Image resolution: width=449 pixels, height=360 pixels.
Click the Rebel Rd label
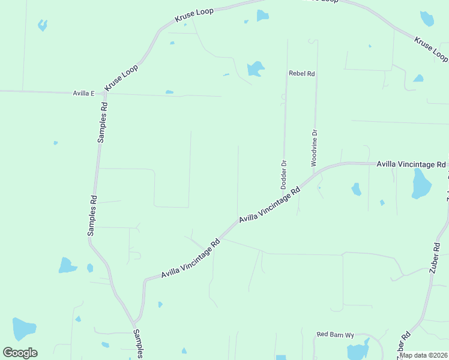[x=302, y=73]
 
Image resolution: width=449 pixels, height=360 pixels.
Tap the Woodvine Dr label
[x=314, y=147]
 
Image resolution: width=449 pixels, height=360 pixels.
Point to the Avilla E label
[x=84, y=94]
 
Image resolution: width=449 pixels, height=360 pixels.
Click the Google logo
[x=20, y=353]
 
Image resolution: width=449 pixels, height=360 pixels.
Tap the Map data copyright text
[x=424, y=355]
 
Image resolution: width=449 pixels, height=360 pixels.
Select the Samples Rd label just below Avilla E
[x=103, y=122]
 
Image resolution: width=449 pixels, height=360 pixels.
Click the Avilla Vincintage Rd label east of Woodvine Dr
[x=411, y=164]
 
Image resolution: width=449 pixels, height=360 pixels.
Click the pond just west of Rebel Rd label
[x=256, y=68]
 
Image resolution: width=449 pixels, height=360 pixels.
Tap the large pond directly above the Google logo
[x=24, y=329]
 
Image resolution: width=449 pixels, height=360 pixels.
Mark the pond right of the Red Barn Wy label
[x=359, y=350]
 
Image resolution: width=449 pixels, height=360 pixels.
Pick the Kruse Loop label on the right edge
[x=431, y=49]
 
